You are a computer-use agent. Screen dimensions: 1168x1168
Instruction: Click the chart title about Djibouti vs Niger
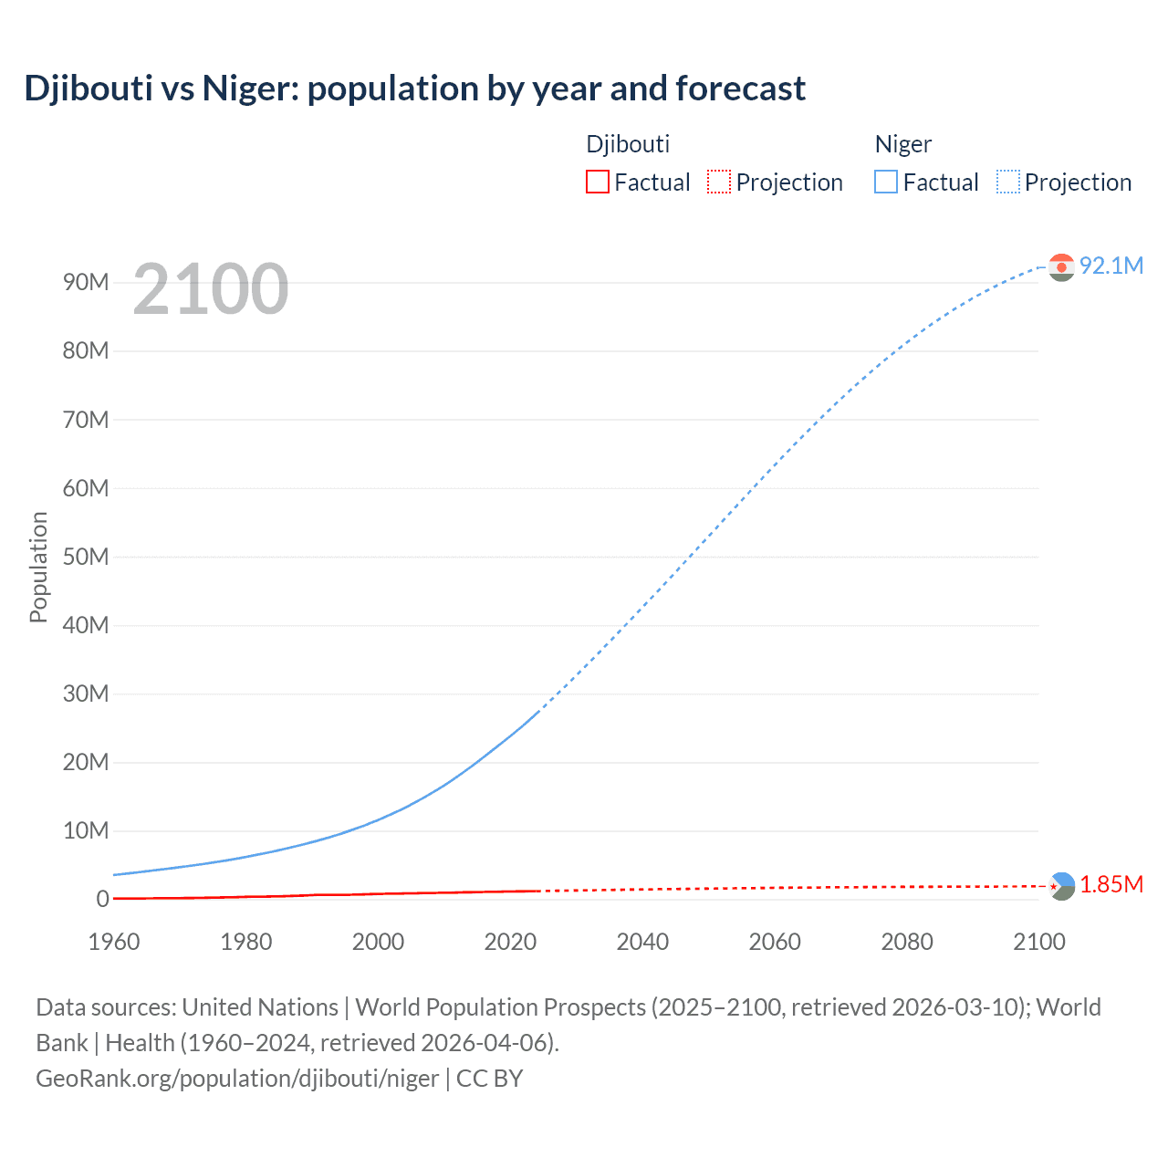[x=414, y=89]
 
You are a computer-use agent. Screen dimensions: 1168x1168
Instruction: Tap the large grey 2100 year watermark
[x=211, y=289]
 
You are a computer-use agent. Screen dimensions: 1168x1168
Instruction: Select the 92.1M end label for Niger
[x=1111, y=266]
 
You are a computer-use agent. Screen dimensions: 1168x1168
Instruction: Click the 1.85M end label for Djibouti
[x=1111, y=884]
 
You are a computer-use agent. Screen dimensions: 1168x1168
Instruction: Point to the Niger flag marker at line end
[x=1061, y=266]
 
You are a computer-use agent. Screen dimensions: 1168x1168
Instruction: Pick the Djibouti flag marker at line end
[x=1061, y=885]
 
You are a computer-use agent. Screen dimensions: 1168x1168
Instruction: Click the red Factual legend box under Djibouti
[x=598, y=182]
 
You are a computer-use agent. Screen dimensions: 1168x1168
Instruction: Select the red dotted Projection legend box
[x=719, y=182]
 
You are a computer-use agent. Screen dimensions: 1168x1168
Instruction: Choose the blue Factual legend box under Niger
[x=886, y=182]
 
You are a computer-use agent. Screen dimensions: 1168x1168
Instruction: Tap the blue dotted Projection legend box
[x=1007, y=182]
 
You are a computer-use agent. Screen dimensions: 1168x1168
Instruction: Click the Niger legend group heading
[x=902, y=144]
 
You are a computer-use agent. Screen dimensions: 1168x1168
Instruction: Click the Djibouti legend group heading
[x=628, y=144]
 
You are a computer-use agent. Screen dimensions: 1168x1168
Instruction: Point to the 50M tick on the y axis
[x=86, y=557]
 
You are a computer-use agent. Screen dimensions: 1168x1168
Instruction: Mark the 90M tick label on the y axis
[x=86, y=282]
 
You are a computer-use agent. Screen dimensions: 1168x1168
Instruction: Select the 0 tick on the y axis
[x=102, y=899]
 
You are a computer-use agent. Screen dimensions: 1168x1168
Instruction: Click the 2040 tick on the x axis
[x=642, y=942]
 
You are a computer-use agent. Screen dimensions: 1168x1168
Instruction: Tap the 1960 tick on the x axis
[x=114, y=942]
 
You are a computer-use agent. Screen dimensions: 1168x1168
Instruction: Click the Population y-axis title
[x=38, y=567]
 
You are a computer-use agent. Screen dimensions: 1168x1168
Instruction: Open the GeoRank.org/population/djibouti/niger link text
[x=237, y=1079]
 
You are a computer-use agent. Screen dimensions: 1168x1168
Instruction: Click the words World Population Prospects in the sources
[x=501, y=1007]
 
